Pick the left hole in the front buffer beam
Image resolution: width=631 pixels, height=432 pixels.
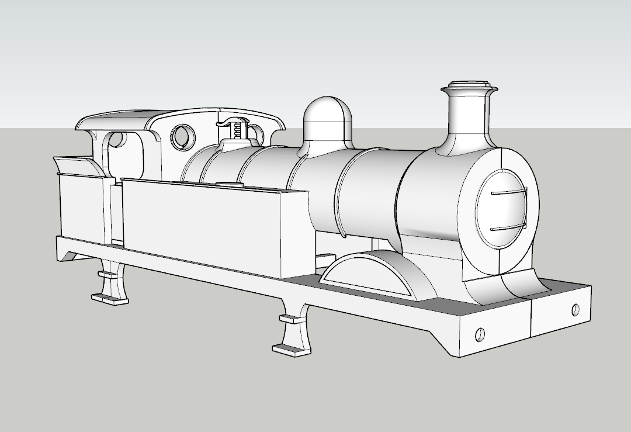(480, 334)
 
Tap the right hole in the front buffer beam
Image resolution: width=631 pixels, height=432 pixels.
(576, 308)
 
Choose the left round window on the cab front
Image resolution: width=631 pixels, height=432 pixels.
(183, 136)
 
